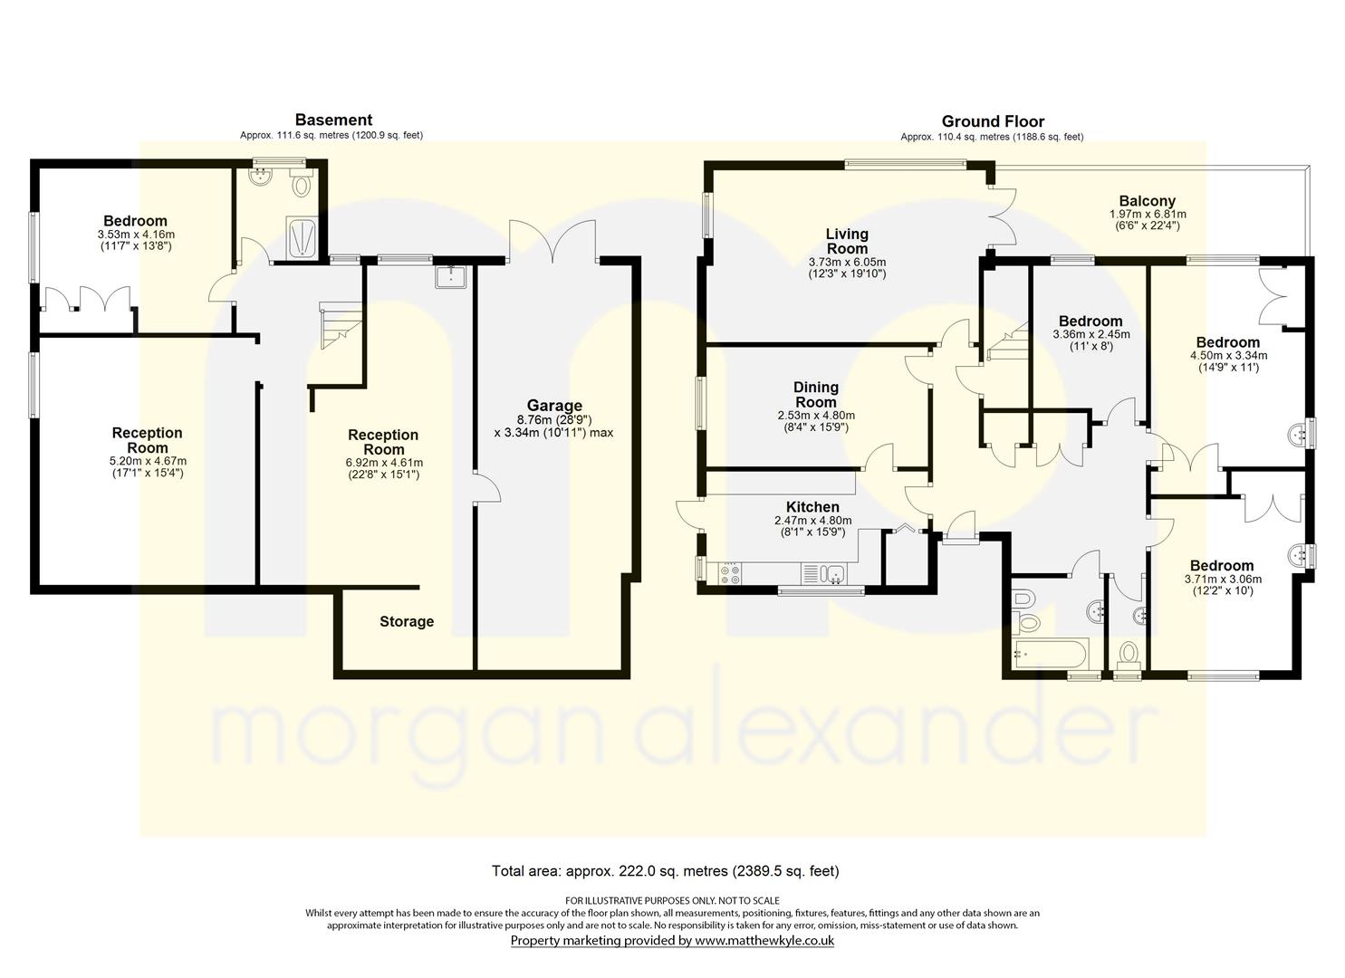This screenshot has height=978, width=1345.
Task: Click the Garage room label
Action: (x=554, y=406)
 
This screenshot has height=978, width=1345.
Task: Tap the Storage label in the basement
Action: (x=407, y=621)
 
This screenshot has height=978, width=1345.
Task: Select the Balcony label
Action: (x=1148, y=201)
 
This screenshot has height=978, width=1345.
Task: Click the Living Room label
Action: (x=847, y=242)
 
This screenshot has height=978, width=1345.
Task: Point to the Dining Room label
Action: (x=816, y=395)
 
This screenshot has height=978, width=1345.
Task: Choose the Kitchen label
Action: (x=812, y=507)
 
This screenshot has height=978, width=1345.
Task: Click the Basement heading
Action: (x=334, y=120)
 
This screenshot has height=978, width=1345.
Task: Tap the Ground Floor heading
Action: (x=993, y=122)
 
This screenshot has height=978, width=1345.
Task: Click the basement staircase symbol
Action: (x=341, y=325)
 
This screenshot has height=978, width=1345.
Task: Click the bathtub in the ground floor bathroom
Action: (x=1050, y=654)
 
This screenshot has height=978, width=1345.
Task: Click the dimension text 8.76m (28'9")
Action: (x=554, y=419)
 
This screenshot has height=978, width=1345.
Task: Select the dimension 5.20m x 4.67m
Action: (x=148, y=461)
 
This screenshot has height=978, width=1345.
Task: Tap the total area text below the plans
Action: (x=666, y=870)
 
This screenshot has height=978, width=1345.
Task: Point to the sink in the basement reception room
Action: (x=451, y=276)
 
